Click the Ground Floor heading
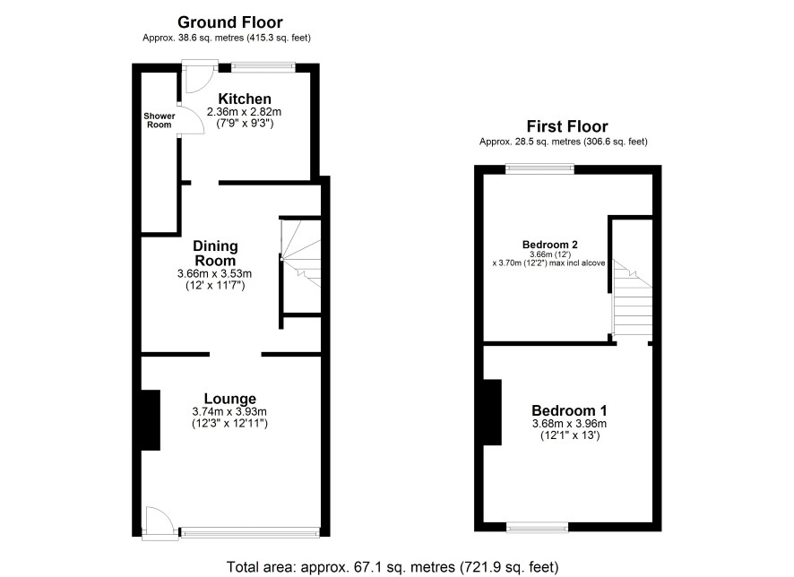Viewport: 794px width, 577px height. point(230,22)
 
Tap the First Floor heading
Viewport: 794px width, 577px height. point(567,126)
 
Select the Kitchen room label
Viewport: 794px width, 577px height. point(245,99)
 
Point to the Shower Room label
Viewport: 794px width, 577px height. point(159,120)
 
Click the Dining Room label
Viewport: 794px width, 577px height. point(215,254)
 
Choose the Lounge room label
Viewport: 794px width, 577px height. point(230,399)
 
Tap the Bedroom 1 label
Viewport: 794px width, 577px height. point(569,410)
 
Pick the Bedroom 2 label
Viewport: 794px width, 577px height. point(550,245)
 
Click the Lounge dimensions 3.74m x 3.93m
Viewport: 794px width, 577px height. point(229,411)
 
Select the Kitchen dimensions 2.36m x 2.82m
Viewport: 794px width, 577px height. point(244,112)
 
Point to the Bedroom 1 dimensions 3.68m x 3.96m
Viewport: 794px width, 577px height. point(569,424)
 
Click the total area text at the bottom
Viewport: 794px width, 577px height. point(393,567)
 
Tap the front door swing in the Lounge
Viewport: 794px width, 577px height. point(160,521)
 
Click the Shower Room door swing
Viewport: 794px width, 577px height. point(193,121)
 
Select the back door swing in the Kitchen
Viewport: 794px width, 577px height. point(200,77)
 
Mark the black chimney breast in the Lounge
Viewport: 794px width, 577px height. point(151,420)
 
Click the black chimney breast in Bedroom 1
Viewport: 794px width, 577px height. point(492,412)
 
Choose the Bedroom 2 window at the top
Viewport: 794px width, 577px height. point(539,168)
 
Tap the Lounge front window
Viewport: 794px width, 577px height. point(250,531)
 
